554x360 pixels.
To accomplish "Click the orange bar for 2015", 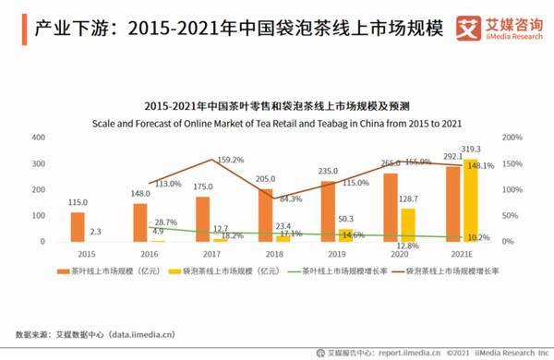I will coord(78,227).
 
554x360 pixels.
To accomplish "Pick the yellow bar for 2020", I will coord(406,225).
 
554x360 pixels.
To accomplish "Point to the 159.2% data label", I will coord(230,160).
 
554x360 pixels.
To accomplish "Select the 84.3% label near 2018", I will coord(290,198).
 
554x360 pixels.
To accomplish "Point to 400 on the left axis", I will coord(39,138).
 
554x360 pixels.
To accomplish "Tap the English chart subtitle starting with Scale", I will coord(277,122).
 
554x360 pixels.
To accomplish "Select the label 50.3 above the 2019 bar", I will coord(343,219).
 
